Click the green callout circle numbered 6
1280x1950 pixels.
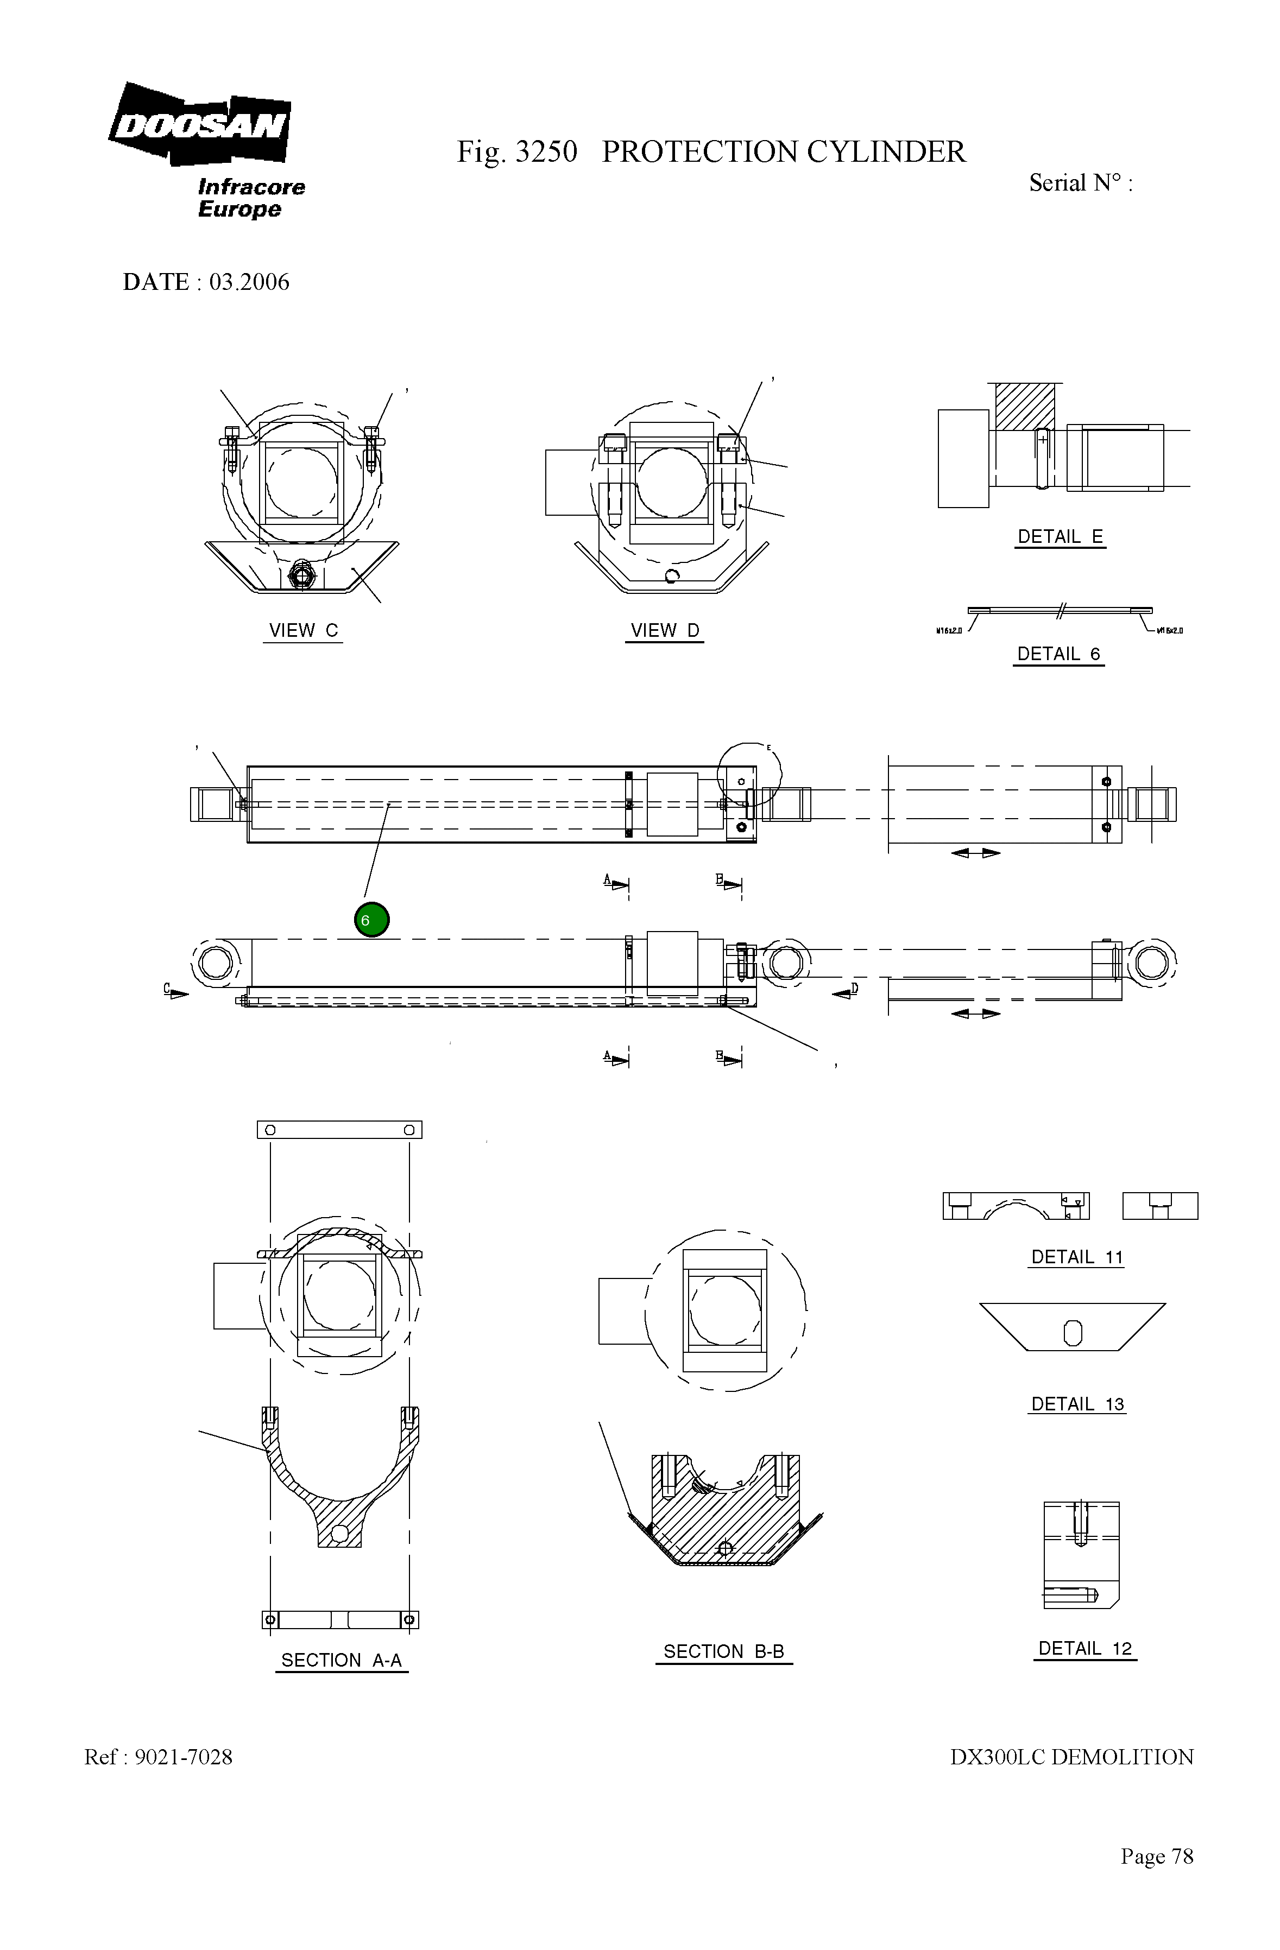tap(371, 920)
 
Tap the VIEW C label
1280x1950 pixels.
tap(303, 631)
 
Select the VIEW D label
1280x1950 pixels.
tap(665, 631)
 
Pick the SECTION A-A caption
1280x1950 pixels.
tap(341, 1660)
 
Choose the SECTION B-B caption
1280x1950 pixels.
tap(723, 1652)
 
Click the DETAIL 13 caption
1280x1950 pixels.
tap(1077, 1404)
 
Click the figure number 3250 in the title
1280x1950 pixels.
tap(546, 153)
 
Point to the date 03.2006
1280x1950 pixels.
tap(249, 282)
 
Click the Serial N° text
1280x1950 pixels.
tap(1080, 183)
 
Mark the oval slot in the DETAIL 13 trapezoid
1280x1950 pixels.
tap(1072, 1334)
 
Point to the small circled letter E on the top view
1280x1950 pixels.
tap(768, 747)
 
